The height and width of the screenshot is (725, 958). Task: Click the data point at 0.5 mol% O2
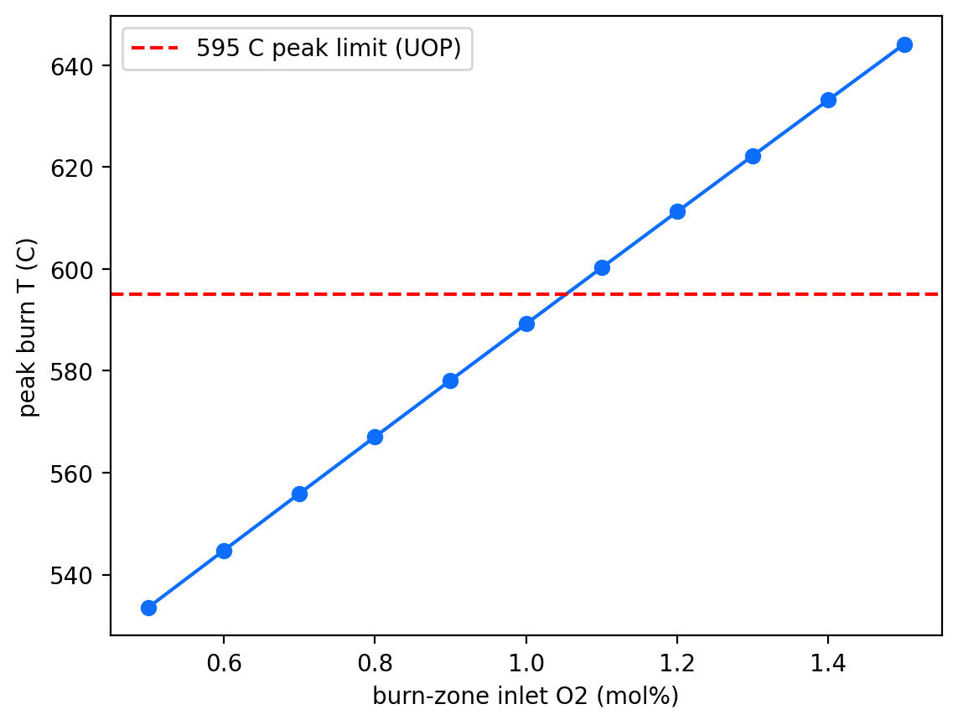point(148,608)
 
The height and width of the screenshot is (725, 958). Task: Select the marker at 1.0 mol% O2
point(526,324)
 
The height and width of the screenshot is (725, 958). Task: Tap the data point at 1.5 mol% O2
point(904,44)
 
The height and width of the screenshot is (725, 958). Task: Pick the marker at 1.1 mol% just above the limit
point(602,267)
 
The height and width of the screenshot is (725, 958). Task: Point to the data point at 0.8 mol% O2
point(375,438)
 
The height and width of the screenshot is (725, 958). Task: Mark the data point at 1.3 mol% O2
point(753,157)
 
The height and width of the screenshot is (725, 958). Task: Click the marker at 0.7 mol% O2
point(299,495)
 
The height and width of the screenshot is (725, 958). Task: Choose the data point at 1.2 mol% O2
point(677,212)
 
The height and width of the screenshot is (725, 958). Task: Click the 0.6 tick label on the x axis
point(224,663)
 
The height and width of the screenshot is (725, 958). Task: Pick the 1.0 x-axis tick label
point(526,663)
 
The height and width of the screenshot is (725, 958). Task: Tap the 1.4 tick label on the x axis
point(828,663)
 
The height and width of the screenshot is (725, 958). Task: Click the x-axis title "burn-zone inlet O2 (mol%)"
point(526,697)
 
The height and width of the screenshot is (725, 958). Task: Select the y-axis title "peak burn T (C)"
point(28,329)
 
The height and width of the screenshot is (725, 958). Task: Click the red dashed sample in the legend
point(155,49)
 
